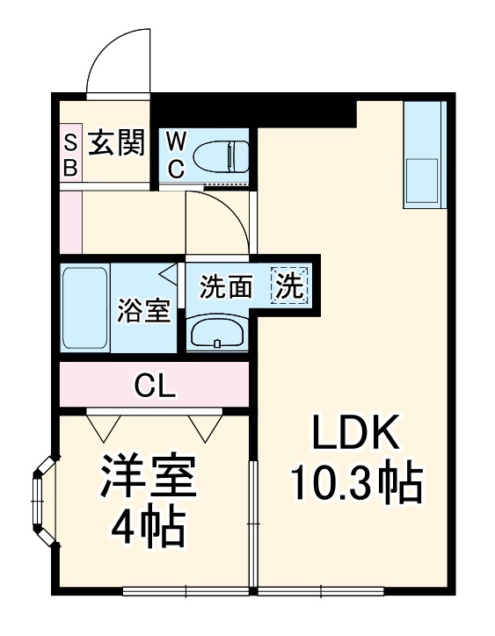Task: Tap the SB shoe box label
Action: pos(70,154)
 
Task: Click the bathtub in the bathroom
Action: pos(85,308)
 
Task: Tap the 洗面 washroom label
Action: pos(226,286)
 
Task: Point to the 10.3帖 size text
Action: pos(356,481)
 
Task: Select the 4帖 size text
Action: pos(146,526)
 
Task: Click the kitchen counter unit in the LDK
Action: pos(425,154)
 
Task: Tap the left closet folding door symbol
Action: pos(104,425)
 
